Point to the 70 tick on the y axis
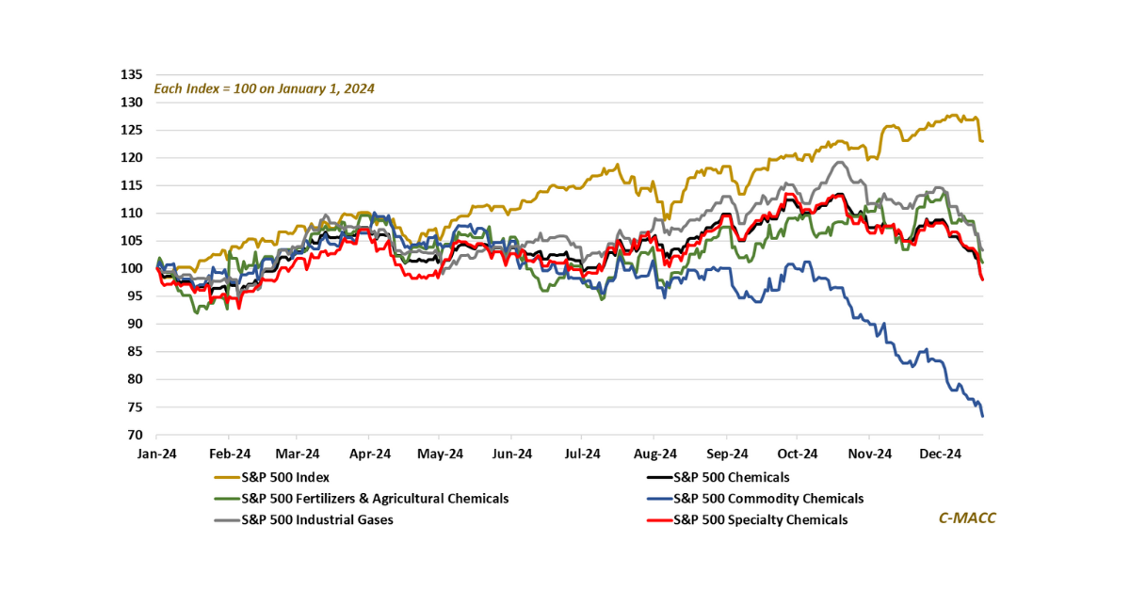coord(135,436)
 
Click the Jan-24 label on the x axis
coord(155,454)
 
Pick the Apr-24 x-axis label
coord(369,454)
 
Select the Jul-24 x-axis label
coord(582,454)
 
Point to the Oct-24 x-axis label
coord(796,454)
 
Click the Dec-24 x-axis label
coord(939,454)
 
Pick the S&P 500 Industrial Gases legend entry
coord(316,519)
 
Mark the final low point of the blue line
coord(983,416)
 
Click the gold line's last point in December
coord(983,141)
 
